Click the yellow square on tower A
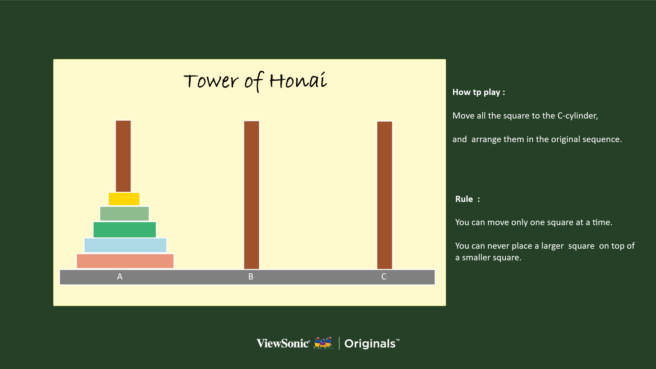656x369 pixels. click(x=124, y=199)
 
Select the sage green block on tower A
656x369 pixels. click(x=124, y=214)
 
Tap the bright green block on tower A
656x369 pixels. click(x=125, y=230)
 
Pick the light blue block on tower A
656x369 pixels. click(x=125, y=245)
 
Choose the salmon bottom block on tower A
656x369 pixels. click(x=125, y=261)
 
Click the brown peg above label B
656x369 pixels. click(x=251, y=195)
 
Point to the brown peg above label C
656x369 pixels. click(x=385, y=195)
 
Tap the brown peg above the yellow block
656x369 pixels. click(x=123, y=156)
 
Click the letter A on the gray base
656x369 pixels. click(x=120, y=277)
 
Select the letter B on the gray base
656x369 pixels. click(x=251, y=277)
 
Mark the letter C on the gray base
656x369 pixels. click(x=384, y=277)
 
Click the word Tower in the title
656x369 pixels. click(x=211, y=81)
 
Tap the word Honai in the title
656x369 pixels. click(x=298, y=80)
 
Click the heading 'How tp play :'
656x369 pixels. click(x=479, y=92)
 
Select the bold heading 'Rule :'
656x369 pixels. click(x=467, y=199)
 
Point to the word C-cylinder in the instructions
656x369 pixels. click(x=578, y=116)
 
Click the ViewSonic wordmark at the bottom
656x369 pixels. click(x=283, y=343)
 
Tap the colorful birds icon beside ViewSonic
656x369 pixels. click(x=323, y=343)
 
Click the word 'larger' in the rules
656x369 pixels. click(x=552, y=246)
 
